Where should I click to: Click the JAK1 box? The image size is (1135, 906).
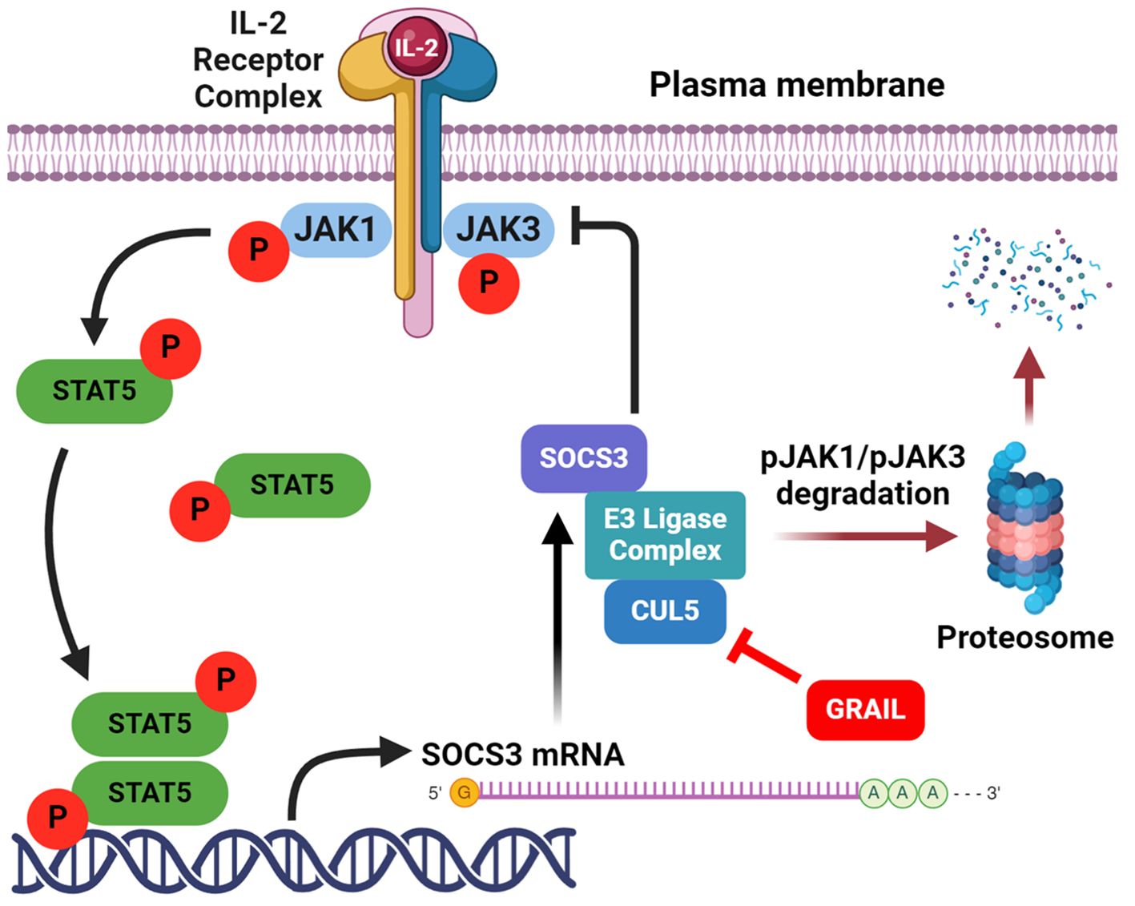(336, 231)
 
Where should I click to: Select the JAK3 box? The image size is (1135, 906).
(498, 231)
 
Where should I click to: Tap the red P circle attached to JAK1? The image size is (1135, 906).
(259, 252)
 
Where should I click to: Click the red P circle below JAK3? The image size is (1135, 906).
(489, 284)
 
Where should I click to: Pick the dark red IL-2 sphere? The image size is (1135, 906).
(417, 47)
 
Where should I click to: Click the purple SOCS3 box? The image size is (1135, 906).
(584, 458)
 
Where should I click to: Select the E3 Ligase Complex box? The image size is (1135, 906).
(665, 535)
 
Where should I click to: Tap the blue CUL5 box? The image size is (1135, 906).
(665, 611)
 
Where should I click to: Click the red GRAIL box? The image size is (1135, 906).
(866, 710)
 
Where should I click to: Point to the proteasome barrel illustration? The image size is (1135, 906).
(1024, 528)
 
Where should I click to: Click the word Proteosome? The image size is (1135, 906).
(1024, 638)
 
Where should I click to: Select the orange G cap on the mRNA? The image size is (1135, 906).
(464, 792)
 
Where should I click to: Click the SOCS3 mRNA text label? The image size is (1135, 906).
(523, 755)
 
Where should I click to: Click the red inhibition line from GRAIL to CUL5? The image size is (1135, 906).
(763, 656)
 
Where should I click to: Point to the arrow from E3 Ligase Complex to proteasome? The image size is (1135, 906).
(866, 536)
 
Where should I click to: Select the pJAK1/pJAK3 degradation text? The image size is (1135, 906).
(863, 475)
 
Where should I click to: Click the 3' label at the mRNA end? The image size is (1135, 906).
(993, 792)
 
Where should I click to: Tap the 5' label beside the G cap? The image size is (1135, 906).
(435, 792)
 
